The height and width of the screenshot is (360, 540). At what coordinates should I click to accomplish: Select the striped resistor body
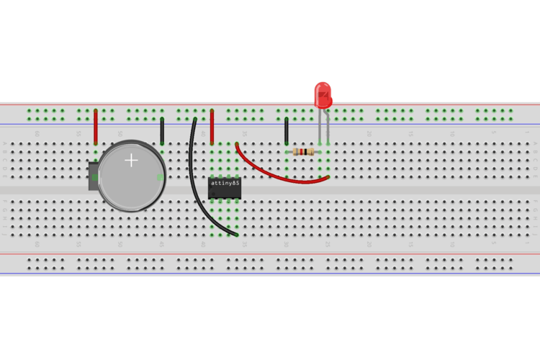[304, 151]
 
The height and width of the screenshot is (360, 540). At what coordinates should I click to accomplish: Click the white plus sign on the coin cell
[131, 160]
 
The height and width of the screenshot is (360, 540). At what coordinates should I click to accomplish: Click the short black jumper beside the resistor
[287, 131]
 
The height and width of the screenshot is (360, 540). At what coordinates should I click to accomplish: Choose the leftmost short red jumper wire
[96, 127]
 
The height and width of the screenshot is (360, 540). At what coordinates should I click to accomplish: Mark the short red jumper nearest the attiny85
[212, 127]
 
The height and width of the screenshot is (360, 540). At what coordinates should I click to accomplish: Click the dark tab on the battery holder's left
[93, 176]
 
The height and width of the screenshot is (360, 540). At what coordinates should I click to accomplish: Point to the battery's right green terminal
[160, 177]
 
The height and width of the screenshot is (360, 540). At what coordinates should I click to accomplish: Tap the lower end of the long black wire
[236, 234]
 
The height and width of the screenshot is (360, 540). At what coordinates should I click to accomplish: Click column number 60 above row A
[37, 134]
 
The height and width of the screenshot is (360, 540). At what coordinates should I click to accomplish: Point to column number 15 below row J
[411, 243]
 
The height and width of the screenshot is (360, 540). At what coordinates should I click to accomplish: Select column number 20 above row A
[369, 134]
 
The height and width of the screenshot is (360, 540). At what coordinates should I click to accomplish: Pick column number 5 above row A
[494, 134]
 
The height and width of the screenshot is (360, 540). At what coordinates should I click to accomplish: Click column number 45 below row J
[162, 243]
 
